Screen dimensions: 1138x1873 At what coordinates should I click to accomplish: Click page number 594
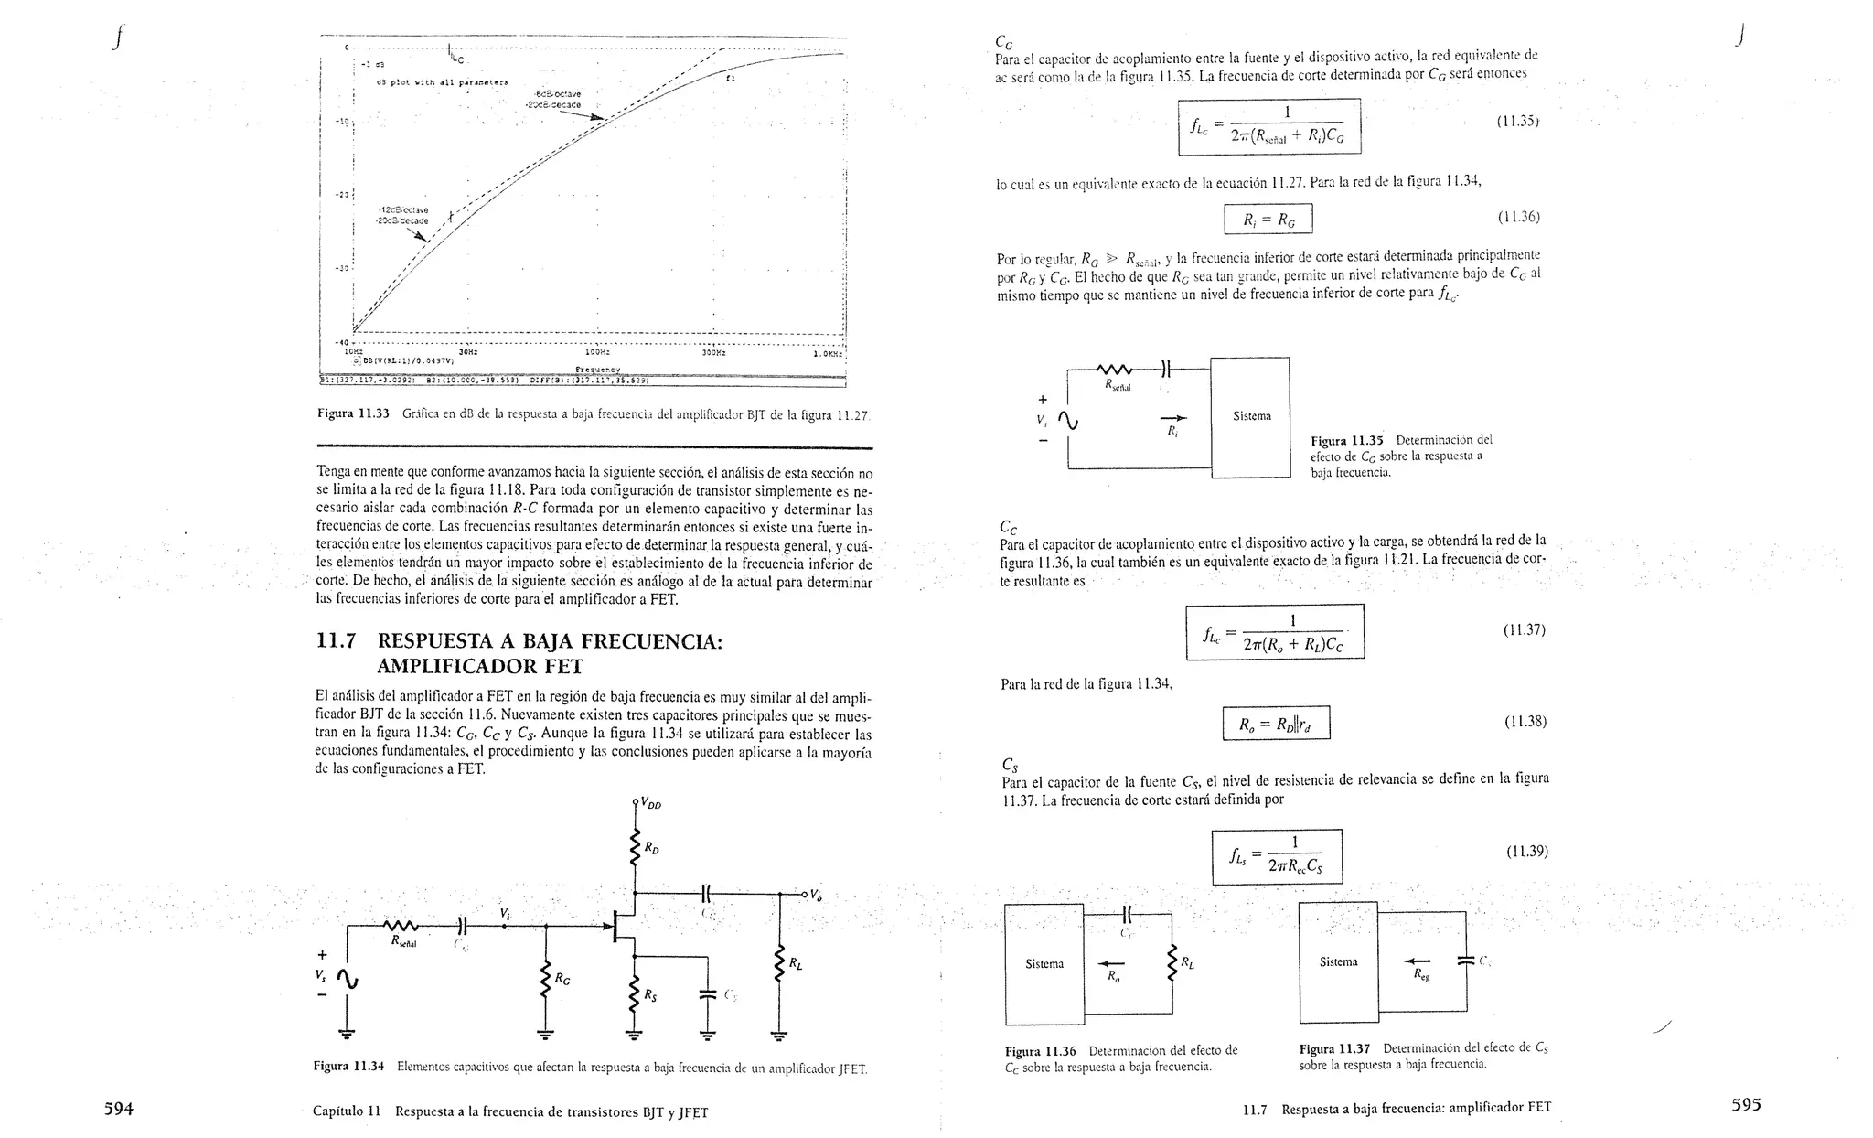[x=119, y=1109]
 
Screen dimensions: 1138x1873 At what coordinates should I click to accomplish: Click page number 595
[x=1746, y=1104]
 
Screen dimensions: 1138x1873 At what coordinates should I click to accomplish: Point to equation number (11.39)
[x=1526, y=852]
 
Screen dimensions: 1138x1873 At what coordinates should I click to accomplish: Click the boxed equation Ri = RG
[x=1268, y=220]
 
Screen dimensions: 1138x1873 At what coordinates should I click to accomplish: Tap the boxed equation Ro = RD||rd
[x=1276, y=725]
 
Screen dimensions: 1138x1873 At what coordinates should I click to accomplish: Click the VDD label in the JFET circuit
[x=650, y=804]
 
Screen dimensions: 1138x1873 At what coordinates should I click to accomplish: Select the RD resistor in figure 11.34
[x=635, y=848]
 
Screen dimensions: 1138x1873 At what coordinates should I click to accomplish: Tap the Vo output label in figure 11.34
[x=816, y=895]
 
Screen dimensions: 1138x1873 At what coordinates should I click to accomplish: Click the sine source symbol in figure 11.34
[x=347, y=980]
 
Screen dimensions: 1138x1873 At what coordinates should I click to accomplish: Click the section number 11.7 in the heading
[x=336, y=641]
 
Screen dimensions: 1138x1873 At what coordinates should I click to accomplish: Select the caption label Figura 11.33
[x=353, y=413]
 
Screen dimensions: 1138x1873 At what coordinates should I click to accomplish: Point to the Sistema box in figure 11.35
[x=1250, y=417]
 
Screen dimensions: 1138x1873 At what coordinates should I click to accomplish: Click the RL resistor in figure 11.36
[x=1172, y=964]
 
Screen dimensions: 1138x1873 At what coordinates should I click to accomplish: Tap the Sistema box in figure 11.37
[x=1338, y=962]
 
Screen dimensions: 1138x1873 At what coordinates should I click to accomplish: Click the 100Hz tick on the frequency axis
[x=596, y=351]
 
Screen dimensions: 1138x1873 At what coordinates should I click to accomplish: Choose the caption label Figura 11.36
[x=1040, y=1051]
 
